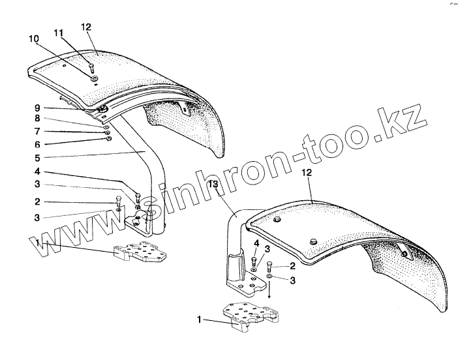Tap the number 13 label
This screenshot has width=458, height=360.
212,185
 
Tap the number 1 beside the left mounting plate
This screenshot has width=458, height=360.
38,243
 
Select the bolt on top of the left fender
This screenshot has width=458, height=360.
92,67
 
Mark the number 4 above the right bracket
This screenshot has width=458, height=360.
256,245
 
